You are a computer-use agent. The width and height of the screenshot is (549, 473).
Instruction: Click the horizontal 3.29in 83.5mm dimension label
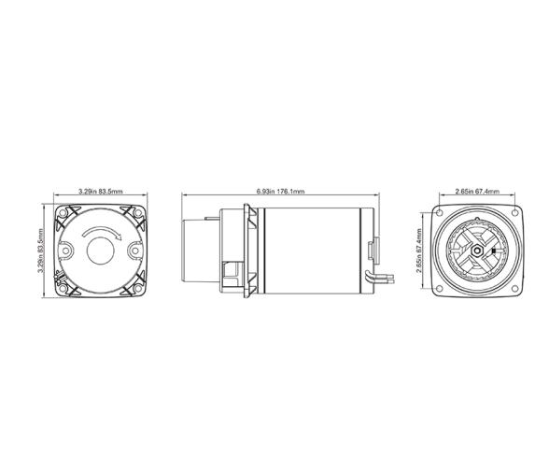tap(101, 192)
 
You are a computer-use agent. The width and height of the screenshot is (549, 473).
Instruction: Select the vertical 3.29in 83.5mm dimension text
tap(41, 251)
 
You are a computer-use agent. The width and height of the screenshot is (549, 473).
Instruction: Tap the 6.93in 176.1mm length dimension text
tap(280, 192)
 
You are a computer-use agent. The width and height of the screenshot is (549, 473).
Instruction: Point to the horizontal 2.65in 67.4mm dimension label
tap(477, 192)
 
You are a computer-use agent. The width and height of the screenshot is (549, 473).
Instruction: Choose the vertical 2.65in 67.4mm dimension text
tap(418, 251)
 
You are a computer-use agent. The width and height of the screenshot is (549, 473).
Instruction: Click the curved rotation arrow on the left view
tap(101, 233)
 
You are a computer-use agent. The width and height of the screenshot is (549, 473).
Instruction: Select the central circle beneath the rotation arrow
tap(101, 251)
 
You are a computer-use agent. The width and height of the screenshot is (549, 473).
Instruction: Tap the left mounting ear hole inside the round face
tap(65, 251)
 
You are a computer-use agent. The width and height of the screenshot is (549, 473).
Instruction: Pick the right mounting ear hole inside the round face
tap(135, 251)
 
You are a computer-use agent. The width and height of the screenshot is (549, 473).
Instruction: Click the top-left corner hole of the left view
tap(63, 213)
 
